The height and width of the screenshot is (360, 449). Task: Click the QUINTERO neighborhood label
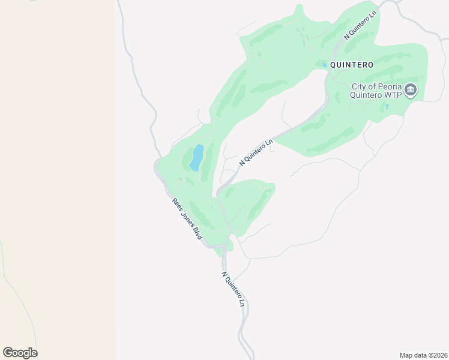[x=352, y=65]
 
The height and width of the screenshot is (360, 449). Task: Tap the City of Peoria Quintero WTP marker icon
[x=411, y=91]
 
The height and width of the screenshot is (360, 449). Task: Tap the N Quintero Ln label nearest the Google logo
[x=234, y=289]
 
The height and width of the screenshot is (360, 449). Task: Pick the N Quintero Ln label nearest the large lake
[x=256, y=152]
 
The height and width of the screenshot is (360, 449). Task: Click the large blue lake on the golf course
[x=197, y=157]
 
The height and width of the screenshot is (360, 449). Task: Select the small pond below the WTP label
[x=387, y=107]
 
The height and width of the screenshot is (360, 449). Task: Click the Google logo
[x=20, y=353]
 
